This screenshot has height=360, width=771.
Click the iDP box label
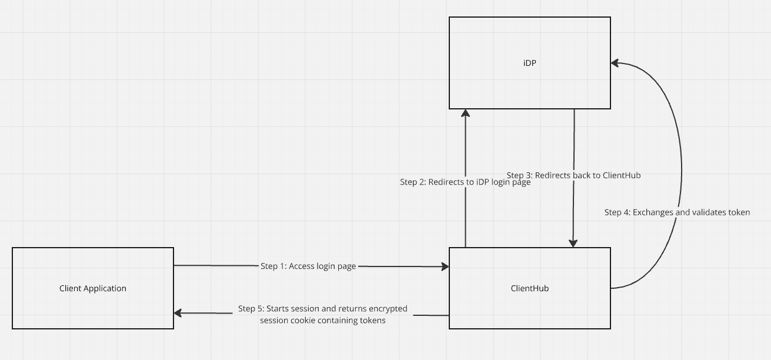(529, 63)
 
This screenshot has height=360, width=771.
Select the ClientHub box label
(529, 288)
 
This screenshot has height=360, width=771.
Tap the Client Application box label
(93, 288)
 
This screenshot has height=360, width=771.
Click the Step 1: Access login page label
(308, 266)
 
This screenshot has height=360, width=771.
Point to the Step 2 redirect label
(465, 182)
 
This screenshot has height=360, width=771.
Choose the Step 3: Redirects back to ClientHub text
(573, 175)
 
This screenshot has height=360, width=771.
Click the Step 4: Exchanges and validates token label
(677, 212)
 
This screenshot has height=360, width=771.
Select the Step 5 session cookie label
(322, 314)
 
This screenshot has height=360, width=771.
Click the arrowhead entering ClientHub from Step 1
(445, 266)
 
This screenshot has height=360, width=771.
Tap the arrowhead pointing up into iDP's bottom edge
(466, 114)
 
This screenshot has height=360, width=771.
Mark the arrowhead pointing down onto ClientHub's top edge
(573, 243)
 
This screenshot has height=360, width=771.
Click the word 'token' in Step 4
(738, 212)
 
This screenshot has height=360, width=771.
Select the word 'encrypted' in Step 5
(388, 309)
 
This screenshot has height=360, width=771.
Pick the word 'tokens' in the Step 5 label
(372, 321)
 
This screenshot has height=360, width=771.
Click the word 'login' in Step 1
(326, 266)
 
